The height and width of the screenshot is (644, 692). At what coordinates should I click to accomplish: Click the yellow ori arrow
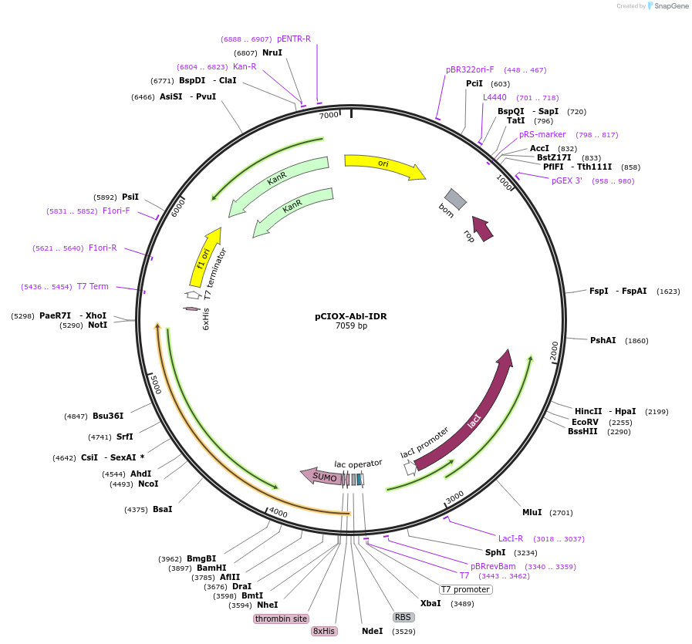(x=383, y=165)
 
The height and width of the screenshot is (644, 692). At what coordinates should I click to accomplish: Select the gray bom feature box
(x=455, y=199)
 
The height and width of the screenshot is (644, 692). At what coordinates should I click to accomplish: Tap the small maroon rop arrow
(x=483, y=228)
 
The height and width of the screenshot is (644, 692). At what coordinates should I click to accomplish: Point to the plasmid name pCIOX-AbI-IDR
(x=351, y=316)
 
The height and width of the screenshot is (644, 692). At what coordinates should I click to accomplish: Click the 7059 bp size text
(x=351, y=326)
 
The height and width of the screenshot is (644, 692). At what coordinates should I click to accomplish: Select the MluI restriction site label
(x=532, y=512)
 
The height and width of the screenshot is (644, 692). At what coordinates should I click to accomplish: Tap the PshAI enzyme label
(x=603, y=340)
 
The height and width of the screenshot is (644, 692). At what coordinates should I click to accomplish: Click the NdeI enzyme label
(x=373, y=631)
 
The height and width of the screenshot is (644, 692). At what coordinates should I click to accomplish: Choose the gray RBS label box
(x=403, y=617)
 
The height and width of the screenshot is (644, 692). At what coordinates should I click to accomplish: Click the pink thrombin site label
(x=281, y=619)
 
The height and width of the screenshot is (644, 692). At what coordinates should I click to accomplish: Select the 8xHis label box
(x=324, y=631)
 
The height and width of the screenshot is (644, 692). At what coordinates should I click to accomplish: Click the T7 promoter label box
(x=466, y=589)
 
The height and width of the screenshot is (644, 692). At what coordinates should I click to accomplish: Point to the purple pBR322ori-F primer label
(x=470, y=69)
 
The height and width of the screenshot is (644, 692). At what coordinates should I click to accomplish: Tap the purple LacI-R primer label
(x=511, y=538)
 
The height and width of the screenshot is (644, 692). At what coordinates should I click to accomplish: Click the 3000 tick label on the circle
(x=454, y=497)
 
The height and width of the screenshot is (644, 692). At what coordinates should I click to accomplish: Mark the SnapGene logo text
(x=671, y=5)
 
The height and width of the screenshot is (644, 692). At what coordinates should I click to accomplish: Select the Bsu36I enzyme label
(x=108, y=416)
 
